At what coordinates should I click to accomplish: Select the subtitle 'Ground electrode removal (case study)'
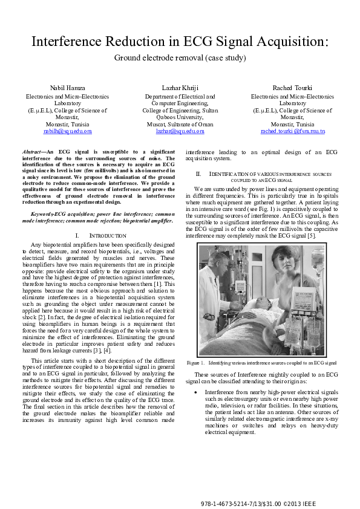click(180, 59)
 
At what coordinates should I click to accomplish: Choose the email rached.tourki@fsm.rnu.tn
click(292, 131)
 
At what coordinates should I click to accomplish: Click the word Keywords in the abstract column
click(42, 214)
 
